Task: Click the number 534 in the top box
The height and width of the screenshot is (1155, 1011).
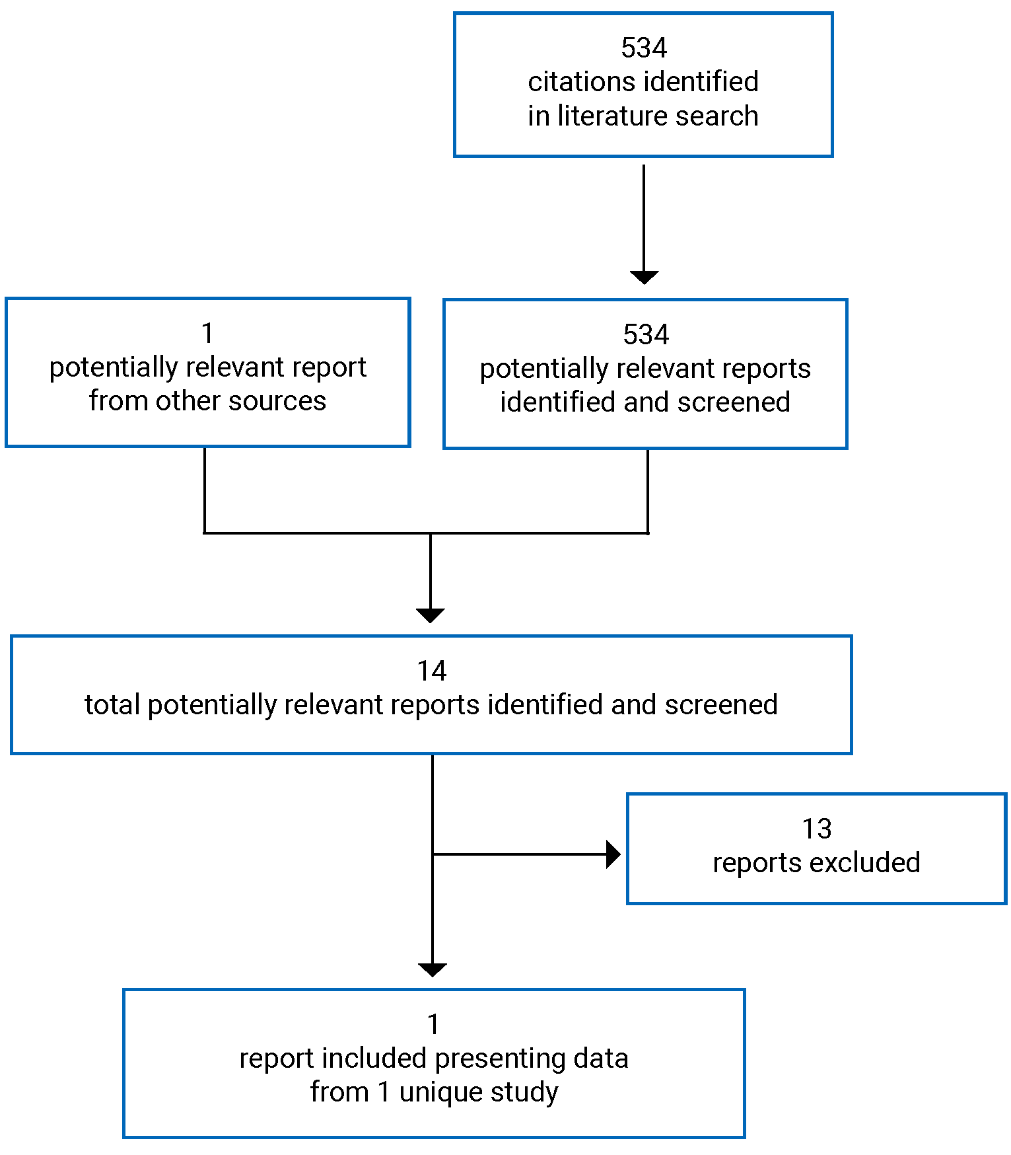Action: tap(644, 48)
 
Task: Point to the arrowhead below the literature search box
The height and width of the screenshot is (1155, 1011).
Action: tap(644, 277)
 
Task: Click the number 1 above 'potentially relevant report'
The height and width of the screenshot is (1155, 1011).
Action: tap(208, 334)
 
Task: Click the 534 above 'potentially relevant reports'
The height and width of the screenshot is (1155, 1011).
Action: tap(645, 335)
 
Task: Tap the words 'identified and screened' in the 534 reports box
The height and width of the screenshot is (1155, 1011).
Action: tap(645, 402)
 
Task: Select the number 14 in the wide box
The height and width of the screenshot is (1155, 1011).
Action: tap(432, 671)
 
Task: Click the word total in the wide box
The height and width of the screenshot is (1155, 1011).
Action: tap(112, 705)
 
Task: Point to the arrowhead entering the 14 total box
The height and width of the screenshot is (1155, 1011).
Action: tap(431, 615)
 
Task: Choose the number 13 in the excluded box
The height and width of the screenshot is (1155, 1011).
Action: tap(816, 829)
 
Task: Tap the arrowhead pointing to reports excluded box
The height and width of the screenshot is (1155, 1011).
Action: tap(613, 854)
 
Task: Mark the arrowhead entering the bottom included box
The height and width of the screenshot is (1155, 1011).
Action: tap(433, 969)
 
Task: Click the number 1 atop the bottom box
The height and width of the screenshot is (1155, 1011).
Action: tap(433, 1025)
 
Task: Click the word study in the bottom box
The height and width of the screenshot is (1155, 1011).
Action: tap(527, 1092)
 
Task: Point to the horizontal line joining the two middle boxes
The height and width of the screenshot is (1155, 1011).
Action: tap(426, 533)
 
